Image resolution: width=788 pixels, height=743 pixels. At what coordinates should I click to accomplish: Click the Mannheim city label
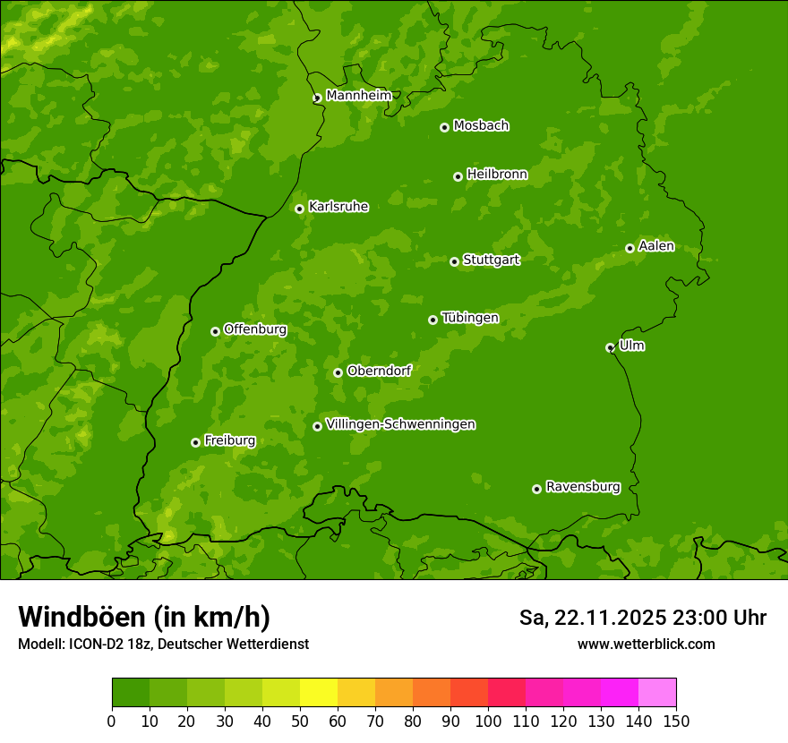[x=358, y=95]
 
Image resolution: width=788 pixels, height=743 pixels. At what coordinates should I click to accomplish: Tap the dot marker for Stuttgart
[x=454, y=261]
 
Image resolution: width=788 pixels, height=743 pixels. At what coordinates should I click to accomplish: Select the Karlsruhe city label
[x=338, y=207]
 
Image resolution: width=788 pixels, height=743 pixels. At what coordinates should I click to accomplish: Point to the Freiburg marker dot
[x=195, y=442]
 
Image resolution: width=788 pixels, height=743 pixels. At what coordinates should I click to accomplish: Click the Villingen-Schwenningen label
[x=400, y=424]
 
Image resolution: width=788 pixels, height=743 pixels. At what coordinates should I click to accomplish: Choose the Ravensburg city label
[x=582, y=487]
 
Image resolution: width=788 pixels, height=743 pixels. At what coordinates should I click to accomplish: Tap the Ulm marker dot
[x=610, y=347]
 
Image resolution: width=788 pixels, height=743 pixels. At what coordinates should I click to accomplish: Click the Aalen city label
[x=655, y=246]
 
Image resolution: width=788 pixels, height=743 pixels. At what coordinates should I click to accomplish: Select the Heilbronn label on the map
[x=497, y=175]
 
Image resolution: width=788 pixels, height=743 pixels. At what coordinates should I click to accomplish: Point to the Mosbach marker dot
[x=444, y=127]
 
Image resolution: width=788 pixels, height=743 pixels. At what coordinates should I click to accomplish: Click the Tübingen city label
[x=469, y=318]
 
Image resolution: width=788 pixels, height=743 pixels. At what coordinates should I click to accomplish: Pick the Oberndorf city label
[x=379, y=371]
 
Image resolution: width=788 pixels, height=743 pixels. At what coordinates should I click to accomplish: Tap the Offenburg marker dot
[x=215, y=331]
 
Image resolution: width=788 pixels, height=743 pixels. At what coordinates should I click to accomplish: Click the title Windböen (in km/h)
[x=143, y=617]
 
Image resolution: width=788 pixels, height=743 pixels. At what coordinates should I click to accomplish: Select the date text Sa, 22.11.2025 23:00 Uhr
[x=642, y=618]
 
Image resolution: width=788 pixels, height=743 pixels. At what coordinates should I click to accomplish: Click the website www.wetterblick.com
[x=646, y=644]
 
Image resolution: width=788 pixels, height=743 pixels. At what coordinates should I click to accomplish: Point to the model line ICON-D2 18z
[x=163, y=644]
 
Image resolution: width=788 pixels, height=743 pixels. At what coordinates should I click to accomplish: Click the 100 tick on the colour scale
[x=488, y=721]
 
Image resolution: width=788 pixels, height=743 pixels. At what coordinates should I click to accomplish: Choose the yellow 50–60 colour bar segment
[x=319, y=693]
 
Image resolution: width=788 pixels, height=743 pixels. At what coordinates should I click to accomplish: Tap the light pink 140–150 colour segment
[x=657, y=693]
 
